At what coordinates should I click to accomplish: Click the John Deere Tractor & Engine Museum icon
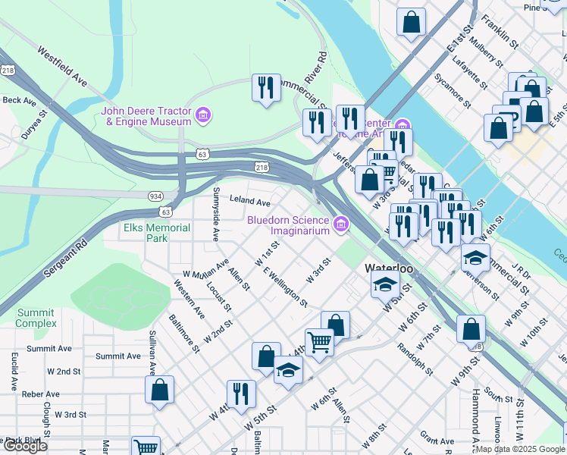point(202,116)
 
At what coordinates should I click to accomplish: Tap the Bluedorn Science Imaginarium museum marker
point(341,224)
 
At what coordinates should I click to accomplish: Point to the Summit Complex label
point(36,318)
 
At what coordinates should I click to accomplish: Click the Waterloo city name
point(388,268)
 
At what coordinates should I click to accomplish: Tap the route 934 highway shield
point(155,196)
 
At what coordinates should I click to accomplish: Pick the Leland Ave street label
point(250,202)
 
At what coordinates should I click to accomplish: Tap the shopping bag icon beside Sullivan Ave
point(160,391)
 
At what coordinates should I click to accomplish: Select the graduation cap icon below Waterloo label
point(385,285)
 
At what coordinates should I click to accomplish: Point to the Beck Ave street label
point(19,100)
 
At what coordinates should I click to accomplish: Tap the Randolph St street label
point(415,359)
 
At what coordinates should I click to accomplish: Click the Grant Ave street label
point(437,440)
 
